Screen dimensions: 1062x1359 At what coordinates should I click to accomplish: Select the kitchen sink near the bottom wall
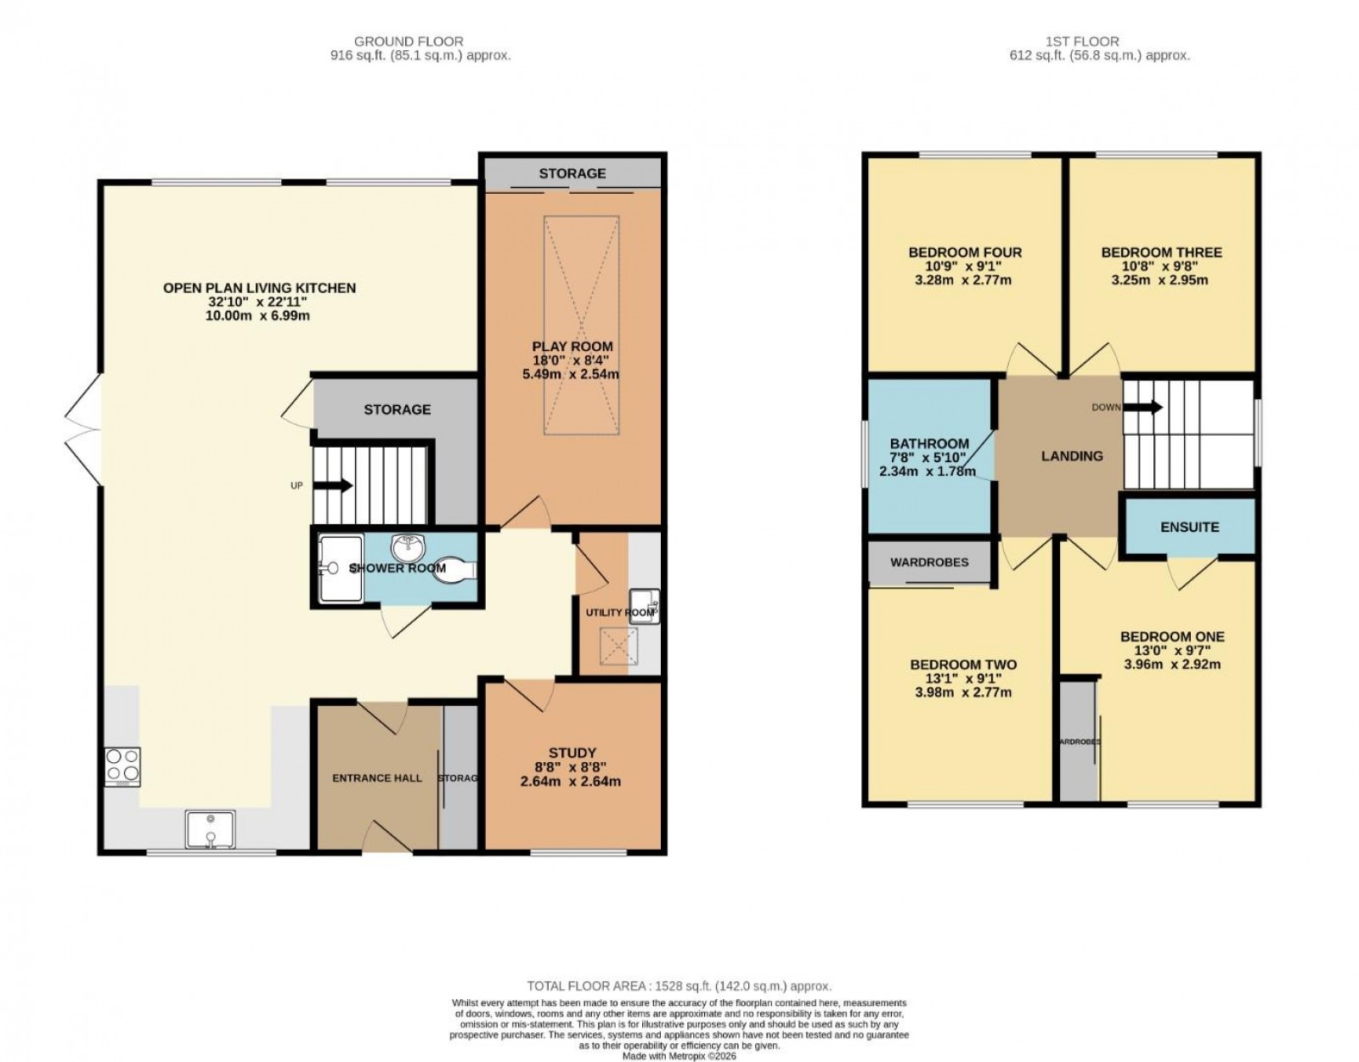point(209,829)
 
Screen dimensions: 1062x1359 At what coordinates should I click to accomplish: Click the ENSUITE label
point(1189,528)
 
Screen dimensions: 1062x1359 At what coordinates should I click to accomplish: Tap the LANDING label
point(1072,456)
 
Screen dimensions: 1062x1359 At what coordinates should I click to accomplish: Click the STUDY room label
point(572,753)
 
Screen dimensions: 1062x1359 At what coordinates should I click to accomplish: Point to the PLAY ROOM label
point(572,347)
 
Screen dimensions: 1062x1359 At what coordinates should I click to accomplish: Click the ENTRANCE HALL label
point(377,778)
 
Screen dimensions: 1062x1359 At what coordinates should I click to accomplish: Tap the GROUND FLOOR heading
point(408,41)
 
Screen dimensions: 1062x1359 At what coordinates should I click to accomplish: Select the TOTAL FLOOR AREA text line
point(679,986)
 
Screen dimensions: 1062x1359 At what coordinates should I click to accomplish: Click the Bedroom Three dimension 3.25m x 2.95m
point(1160,280)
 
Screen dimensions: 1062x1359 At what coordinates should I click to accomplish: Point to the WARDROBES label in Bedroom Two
point(928,562)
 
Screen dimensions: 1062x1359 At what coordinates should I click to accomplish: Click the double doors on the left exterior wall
point(83,431)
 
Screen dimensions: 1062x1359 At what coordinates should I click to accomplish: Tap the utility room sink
point(644,605)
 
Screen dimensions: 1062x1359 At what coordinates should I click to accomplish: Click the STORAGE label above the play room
point(572,173)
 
